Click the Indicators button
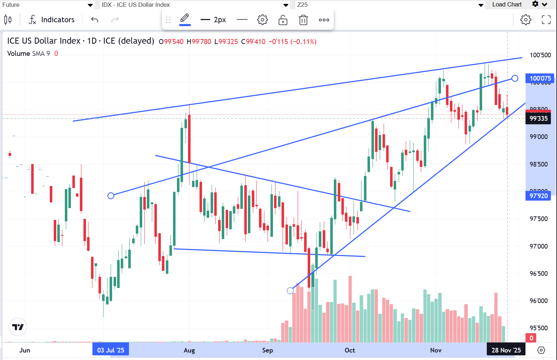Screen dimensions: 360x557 [52, 20]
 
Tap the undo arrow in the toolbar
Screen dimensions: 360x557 [95, 20]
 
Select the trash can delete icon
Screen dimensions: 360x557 [303, 20]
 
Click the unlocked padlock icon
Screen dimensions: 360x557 [283, 20]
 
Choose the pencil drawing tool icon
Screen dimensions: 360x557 [184, 18]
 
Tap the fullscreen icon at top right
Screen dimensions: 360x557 [546, 20]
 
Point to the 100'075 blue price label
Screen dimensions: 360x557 [540, 78]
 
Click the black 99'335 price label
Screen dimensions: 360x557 [538, 119]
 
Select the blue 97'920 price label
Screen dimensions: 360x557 [538, 196]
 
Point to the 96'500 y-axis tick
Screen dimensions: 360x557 [538, 274]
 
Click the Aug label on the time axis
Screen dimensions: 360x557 [189, 350]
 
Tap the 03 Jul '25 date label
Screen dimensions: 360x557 [111, 350]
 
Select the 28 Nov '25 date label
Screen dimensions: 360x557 [506, 350]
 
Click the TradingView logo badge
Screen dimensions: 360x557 [18, 327]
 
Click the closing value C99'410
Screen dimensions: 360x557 [253, 42]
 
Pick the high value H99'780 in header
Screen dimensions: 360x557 [199, 42]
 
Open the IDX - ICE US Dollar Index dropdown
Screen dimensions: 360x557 [195, 5]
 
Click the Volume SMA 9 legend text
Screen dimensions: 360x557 [29, 53]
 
